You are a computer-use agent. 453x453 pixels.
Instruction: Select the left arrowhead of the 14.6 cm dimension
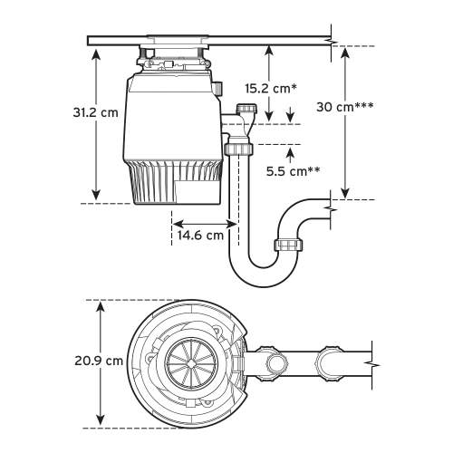point(175,222)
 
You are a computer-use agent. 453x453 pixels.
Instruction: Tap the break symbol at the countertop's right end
point(333,40)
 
